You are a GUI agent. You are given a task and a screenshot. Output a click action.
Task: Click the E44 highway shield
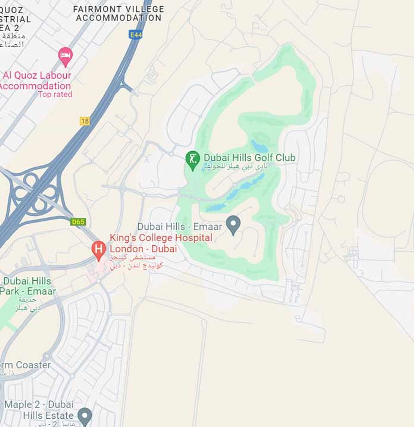point(136,35)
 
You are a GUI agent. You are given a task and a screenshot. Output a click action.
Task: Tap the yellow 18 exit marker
point(85,121)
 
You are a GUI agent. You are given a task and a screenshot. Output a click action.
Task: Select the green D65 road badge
point(78,222)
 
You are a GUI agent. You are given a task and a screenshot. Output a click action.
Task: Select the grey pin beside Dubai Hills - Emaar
point(233,225)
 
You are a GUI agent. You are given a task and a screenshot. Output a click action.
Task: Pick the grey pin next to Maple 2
point(85,415)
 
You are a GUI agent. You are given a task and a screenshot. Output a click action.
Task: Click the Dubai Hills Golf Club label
point(250,158)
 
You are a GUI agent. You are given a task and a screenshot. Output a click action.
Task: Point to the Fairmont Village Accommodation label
point(119,14)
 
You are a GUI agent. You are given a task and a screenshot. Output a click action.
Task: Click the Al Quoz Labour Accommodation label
point(36,81)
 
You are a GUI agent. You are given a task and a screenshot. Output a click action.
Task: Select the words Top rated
point(55,95)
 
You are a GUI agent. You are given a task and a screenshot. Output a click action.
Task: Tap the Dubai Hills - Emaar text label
point(180,227)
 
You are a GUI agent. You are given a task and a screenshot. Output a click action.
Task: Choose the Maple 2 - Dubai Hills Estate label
point(39,410)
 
